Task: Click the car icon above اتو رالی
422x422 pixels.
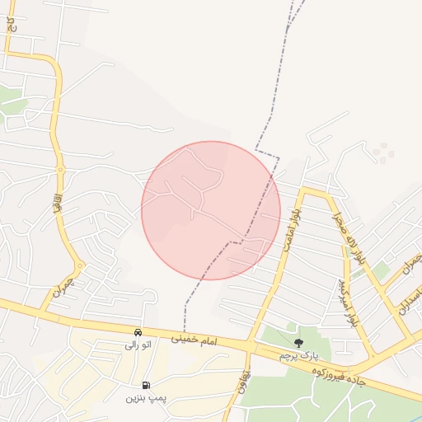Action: (138, 332)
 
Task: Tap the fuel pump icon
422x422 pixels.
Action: (146, 385)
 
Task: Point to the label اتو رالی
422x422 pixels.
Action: (137, 345)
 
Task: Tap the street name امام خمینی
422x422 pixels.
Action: (194, 337)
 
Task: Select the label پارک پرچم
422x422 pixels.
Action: (298, 355)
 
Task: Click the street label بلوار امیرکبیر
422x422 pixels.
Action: (347, 302)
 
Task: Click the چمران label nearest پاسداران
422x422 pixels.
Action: (410, 268)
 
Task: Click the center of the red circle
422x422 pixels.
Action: (211, 210)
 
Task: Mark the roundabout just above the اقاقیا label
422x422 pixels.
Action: (60, 169)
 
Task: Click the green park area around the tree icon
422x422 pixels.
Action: (280, 336)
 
